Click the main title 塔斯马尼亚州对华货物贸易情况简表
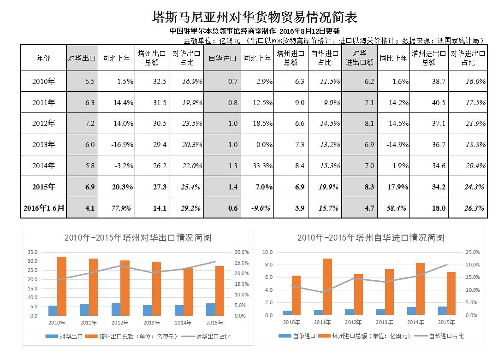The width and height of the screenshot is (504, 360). (255, 18)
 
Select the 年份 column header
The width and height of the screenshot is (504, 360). (43, 58)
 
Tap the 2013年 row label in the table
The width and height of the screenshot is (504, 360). (43, 145)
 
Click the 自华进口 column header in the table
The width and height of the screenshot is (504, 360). (222, 58)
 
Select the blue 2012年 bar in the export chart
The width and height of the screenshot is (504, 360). (116, 309)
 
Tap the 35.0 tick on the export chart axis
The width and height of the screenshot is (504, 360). (33, 252)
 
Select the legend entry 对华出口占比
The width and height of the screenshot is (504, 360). (213, 336)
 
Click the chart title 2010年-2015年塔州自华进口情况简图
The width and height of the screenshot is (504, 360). (371, 238)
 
